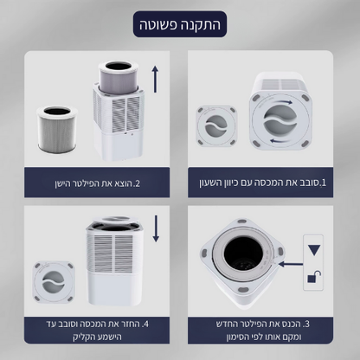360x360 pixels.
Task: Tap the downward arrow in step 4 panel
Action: click(157, 229)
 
